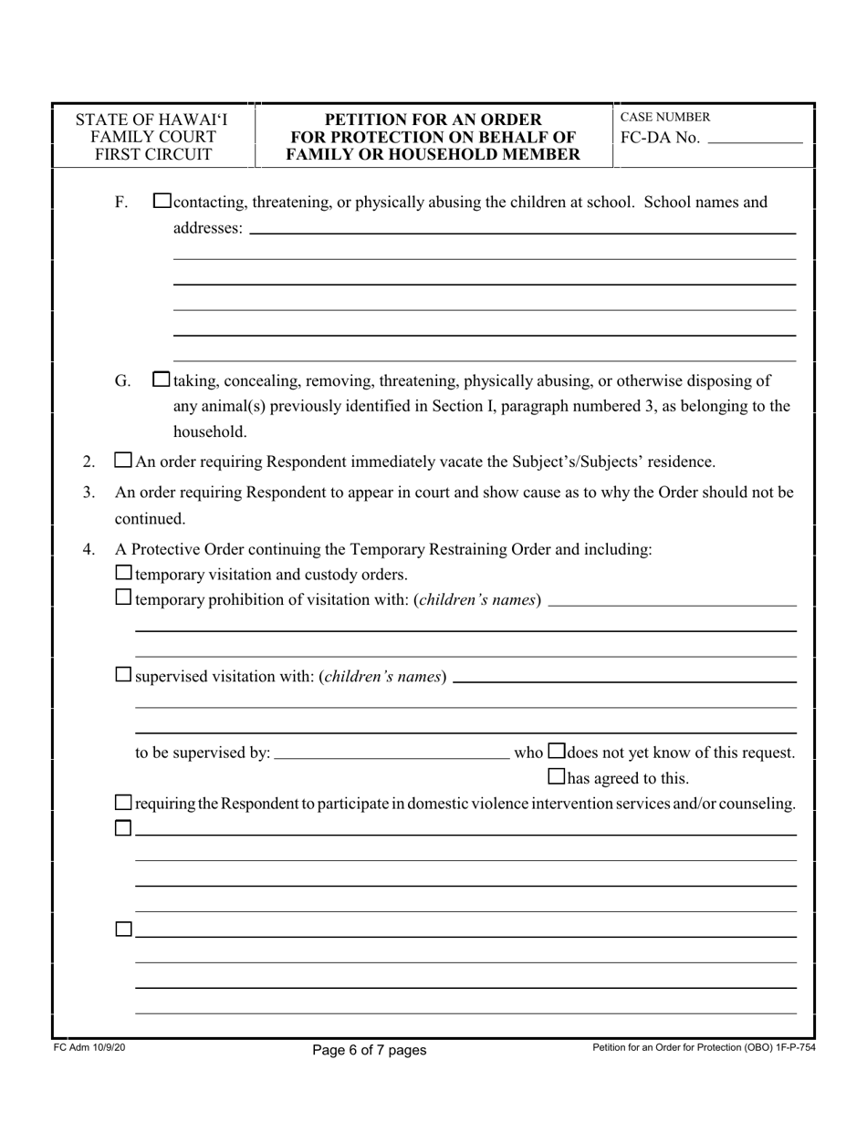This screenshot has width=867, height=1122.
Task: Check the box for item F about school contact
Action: click(x=162, y=202)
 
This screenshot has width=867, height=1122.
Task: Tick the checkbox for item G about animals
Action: click(x=162, y=379)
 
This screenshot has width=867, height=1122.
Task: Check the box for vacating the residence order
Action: click(x=123, y=461)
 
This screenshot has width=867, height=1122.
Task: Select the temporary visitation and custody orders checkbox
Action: click(x=124, y=574)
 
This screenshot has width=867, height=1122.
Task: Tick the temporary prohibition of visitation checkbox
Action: click(x=124, y=599)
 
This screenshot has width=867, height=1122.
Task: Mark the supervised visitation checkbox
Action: click(x=124, y=676)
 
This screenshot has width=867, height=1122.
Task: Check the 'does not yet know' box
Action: click(x=556, y=752)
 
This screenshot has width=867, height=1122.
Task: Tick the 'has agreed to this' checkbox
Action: click(x=556, y=777)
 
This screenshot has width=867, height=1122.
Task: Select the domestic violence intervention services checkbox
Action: click(x=124, y=803)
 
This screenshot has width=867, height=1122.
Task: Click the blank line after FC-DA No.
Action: click(x=754, y=140)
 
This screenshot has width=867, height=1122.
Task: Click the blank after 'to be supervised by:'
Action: click(x=392, y=753)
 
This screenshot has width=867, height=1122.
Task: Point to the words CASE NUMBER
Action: click(x=664, y=118)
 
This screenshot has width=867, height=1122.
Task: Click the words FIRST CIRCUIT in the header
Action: click(x=153, y=154)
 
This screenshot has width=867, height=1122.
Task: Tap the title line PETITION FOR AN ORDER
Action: click(x=433, y=119)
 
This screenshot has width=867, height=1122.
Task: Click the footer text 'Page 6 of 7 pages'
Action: click(x=369, y=1050)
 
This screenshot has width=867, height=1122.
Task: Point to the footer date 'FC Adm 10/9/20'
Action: click(x=89, y=1049)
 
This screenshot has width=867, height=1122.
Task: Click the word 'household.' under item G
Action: click(x=210, y=431)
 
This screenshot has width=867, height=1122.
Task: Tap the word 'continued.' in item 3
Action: click(x=150, y=519)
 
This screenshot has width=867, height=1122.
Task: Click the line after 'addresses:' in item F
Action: click(x=521, y=230)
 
